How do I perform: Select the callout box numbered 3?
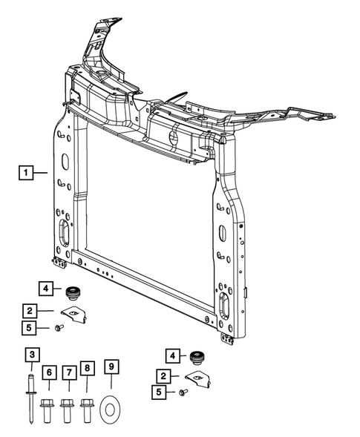click(32, 355)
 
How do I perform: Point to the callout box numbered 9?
click(111, 367)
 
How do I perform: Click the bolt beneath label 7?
click(68, 409)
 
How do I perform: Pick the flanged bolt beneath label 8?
click(87, 408)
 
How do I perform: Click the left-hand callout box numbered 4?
click(45, 289)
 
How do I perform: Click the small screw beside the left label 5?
click(59, 328)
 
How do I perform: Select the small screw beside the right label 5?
click(183, 392)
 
